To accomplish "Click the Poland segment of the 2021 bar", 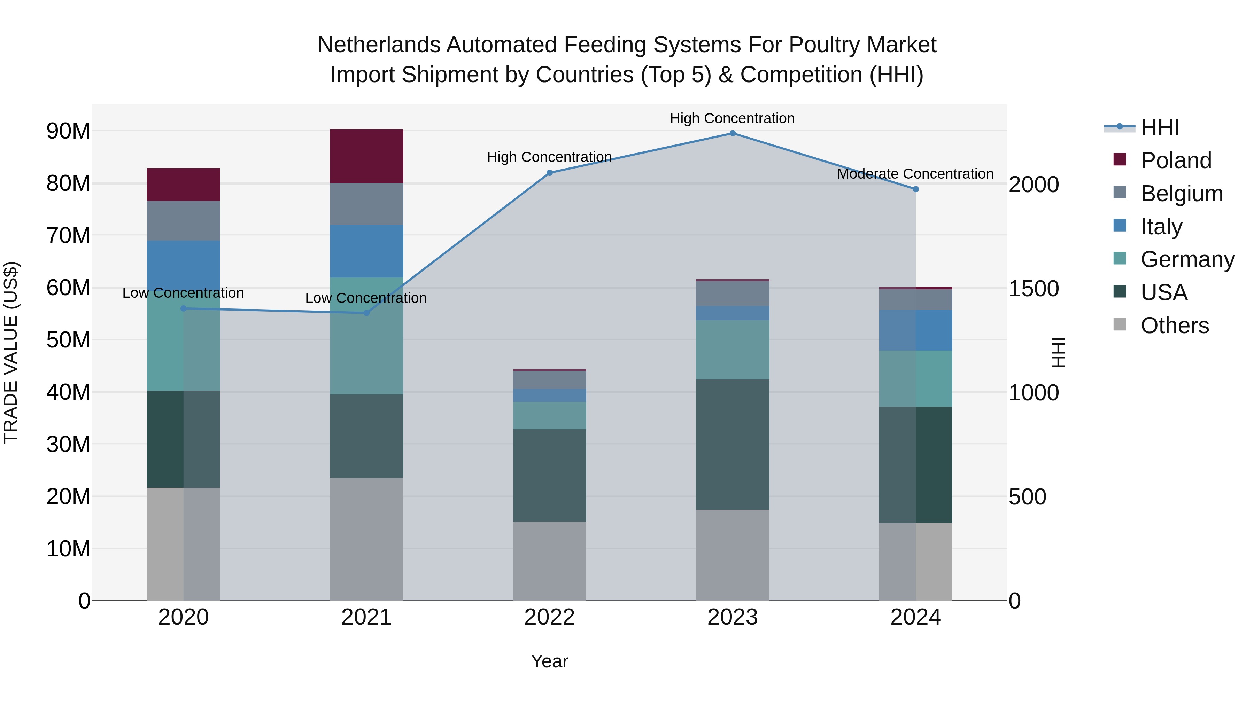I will click(366, 156).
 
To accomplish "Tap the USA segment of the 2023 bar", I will click(732, 444).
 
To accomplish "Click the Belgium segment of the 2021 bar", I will click(366, 204).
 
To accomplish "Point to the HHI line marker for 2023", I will click(732, 133).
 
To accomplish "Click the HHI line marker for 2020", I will click(184, 308).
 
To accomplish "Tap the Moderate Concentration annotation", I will click(915, 174).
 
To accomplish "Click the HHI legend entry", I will click(1160, 127).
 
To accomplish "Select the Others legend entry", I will click(1174, 326).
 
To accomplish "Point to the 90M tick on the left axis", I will click(68, 131).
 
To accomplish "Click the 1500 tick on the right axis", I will click(1033, 289).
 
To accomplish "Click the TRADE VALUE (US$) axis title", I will click(11, 352).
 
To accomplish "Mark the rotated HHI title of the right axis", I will click(1058, 352).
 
